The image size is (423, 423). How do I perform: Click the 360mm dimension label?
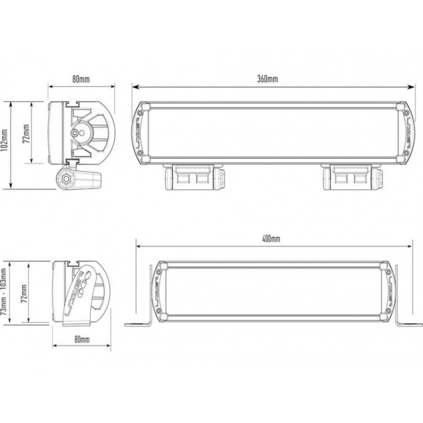(x=267, y=79)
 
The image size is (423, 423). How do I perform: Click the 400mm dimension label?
(x=271, y=239)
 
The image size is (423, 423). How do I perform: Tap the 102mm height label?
(x=4, y=144)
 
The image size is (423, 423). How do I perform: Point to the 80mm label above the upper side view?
(x=81, y=79)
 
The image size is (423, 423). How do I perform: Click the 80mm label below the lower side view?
(x=82, y=340)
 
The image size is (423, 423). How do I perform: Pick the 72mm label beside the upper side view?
(x=26, y=133)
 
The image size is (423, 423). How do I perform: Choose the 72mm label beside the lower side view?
(x=24, y=293)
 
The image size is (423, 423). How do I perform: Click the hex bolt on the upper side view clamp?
(x=65, y=179)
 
